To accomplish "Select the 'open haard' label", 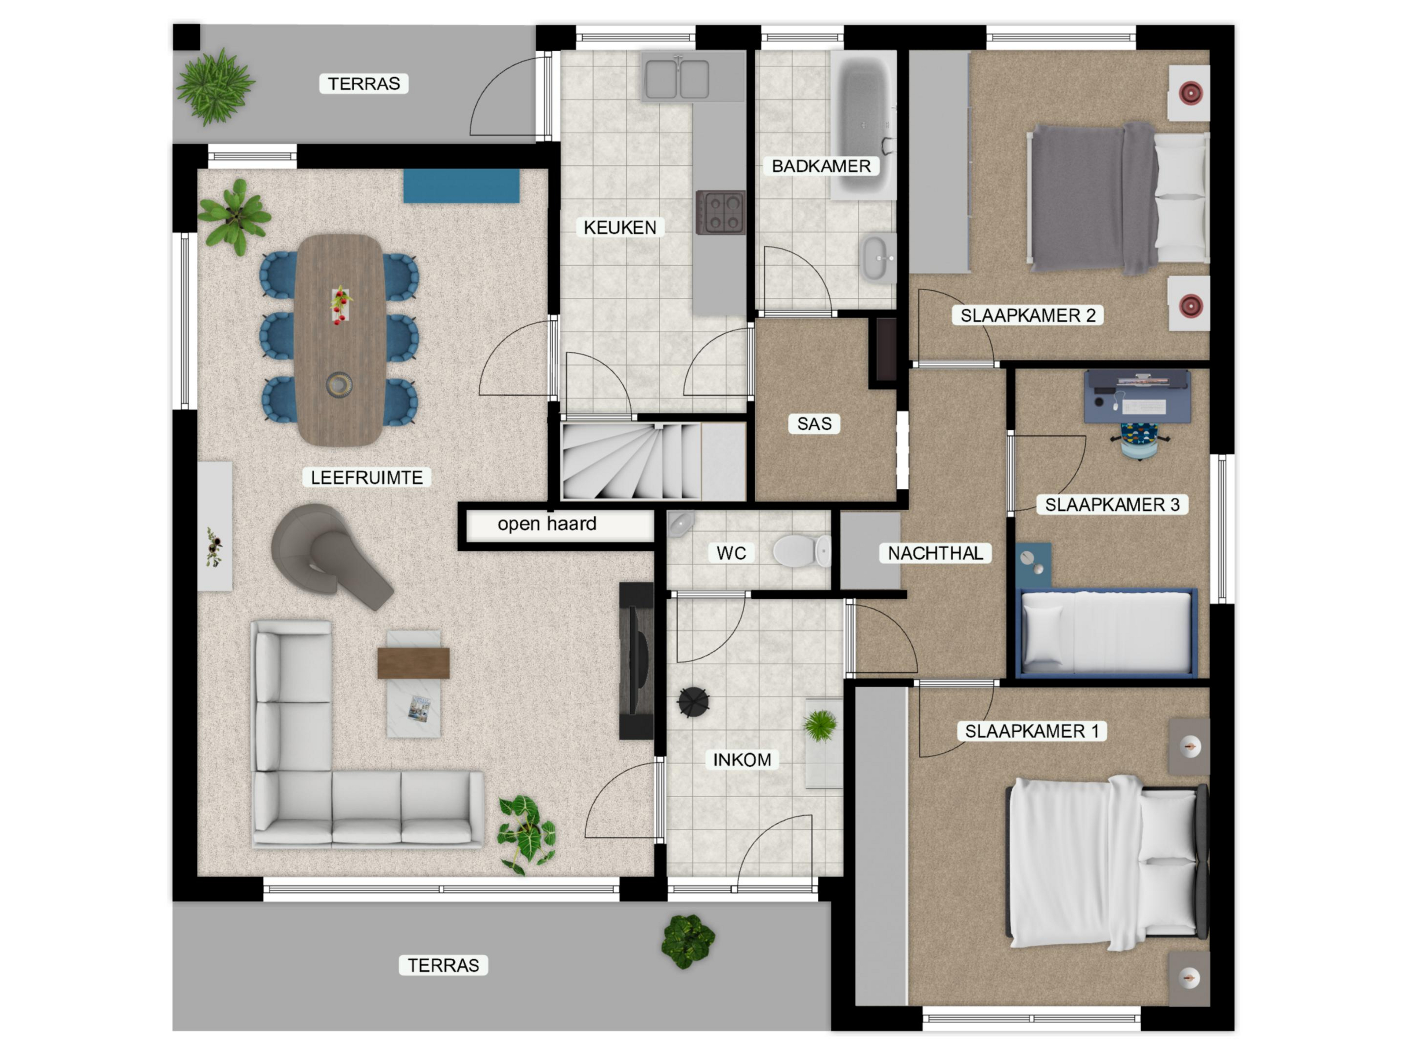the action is [x=547, y=523].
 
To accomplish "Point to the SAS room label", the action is [x=814, y=423].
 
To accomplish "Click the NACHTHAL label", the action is [x=935, y=553].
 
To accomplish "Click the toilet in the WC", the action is [x=801, y=550].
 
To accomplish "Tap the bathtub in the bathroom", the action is [x=863, y=125].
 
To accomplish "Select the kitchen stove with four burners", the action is [x=721, y=212].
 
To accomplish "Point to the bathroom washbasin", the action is [x=878, y=258].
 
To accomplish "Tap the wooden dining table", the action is [x=340, y=340].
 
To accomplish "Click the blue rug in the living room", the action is [x=461, y=186].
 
